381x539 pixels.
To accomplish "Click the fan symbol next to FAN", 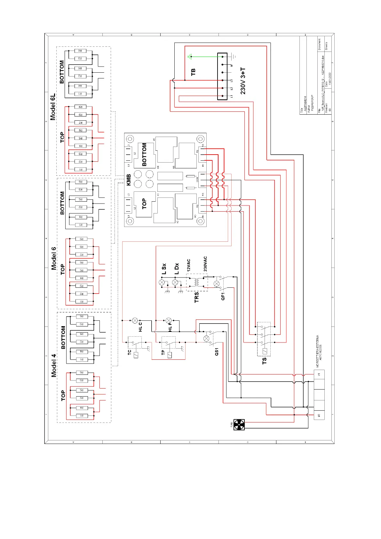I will tap(239, 425).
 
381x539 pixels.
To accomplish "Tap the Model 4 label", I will tap(54, 365).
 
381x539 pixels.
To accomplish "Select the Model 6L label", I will tap(53, 107).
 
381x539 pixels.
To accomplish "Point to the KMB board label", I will tap(129, 180).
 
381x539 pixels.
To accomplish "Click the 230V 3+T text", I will tap(243, 81).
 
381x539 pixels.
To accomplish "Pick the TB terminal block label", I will tap(193, 72).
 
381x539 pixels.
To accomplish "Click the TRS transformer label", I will tap(196, 297).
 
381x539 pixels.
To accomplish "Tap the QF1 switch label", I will tap(223, 296).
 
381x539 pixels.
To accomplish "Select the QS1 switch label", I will tap(217, 352).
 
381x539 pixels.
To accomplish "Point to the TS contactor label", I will tap(264, 361).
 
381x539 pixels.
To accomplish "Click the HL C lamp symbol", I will tap(135, 320).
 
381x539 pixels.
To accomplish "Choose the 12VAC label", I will tap(188, 265).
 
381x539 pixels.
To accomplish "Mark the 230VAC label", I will tap(205, 264).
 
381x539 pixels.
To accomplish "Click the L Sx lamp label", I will tap(164, 269).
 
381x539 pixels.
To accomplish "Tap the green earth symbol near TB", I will tap(190, 57).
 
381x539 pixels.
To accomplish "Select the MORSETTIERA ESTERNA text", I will tap(318, 351).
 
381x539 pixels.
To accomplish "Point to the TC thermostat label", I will tap(129, 352).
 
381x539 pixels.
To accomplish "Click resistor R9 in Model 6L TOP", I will tap(80, 107).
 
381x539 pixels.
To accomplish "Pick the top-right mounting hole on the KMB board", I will tap(200, 139).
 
